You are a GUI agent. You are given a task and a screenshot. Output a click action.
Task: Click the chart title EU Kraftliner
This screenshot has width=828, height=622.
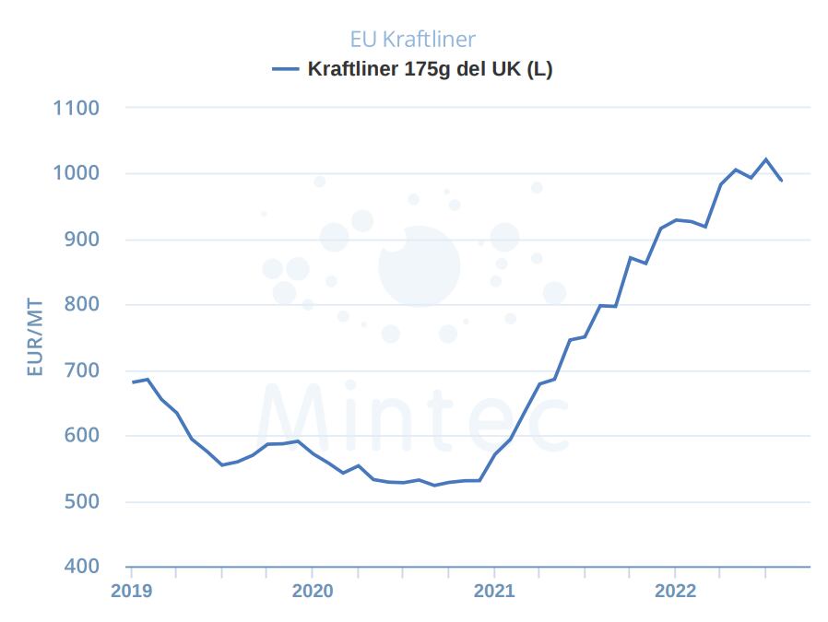(x=412, y=39)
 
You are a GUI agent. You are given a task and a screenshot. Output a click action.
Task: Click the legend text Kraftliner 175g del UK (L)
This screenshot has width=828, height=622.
(x=430, y=69)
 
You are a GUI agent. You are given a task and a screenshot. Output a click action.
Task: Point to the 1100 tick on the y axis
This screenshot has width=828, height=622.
(x=77, y=108)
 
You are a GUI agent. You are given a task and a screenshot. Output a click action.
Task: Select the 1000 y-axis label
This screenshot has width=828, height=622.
(x=77, y=173)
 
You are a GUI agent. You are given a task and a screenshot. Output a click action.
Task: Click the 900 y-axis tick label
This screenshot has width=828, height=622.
(x=81, y=240)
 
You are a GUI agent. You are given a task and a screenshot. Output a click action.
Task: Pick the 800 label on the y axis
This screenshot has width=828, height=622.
(x=81, y=305)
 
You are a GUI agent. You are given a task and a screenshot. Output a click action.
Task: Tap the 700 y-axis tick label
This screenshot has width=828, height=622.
(x=81, y=370)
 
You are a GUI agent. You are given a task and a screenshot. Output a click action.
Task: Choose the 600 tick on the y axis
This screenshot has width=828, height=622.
(x=81, y=436)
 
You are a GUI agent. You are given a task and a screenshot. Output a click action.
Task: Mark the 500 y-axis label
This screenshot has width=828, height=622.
(x=81, y=502)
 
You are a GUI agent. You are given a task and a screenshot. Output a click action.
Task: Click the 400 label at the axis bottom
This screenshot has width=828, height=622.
(x=81, y=566)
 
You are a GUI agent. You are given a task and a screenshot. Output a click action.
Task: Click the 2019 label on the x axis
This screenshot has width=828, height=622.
(x=131, y=591)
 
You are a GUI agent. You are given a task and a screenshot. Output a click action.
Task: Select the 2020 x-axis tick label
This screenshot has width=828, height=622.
(x=312, y=591)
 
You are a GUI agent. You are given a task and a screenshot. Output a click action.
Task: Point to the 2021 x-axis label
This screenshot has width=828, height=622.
(x=494, y=591)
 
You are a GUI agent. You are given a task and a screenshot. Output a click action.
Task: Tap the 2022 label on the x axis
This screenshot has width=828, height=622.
(x=675, y=591)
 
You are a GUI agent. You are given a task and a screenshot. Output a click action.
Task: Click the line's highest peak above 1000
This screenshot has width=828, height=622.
(x=765, y=159)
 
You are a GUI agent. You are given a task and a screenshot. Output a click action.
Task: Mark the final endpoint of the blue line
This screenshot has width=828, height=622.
(x=782, y=181)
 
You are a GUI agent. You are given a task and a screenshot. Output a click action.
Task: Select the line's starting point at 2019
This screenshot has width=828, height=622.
(x=133, y=381)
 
